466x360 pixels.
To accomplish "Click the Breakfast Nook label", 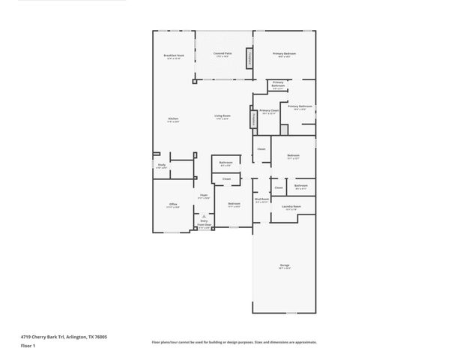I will [x=174, y=57].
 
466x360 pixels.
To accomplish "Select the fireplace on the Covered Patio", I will [x=250, y=58].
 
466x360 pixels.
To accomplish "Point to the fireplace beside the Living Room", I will [x=253, y=117].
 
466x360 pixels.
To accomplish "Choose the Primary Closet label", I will [x=269, y=111].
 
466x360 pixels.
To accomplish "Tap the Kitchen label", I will [x=173, y=119].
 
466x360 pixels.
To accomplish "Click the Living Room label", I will [x=223, y=116].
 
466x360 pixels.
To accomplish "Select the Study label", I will [x=161, y=166].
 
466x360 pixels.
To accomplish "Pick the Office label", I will [x=173, y=205].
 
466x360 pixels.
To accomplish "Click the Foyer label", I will [x=203, y=196].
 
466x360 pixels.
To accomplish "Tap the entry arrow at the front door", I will [x=203, y=216].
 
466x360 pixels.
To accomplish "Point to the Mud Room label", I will [x=261, y=199].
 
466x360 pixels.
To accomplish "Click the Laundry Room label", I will [x=292, y=207].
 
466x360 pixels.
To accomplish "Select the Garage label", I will [x=285, y=266].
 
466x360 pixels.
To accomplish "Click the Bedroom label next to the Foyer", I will [x=234, y=205].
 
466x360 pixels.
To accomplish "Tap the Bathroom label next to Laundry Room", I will [x=301, y=187].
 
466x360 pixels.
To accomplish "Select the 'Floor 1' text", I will [x=28, y=346].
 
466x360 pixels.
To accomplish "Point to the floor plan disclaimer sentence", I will [x=234, y=341].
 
